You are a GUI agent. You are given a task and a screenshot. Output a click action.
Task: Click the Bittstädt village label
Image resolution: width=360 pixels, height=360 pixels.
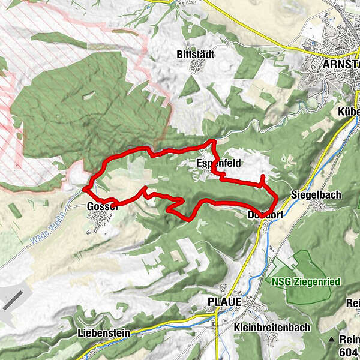(196, 55)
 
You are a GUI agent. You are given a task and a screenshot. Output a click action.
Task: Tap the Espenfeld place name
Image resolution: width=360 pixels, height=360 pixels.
(215, 163)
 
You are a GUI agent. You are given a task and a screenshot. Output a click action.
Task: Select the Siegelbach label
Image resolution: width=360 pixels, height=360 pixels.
(311, 195)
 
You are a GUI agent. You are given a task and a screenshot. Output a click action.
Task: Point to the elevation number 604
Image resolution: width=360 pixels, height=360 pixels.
(349, 352)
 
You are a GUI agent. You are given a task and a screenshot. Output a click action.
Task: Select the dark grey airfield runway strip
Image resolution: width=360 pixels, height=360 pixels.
(14, 299)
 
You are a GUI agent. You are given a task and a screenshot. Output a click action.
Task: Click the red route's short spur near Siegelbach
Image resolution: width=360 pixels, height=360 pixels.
(262, 179)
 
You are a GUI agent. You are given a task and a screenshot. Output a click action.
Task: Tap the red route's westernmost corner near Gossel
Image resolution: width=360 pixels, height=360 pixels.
(84, 190)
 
